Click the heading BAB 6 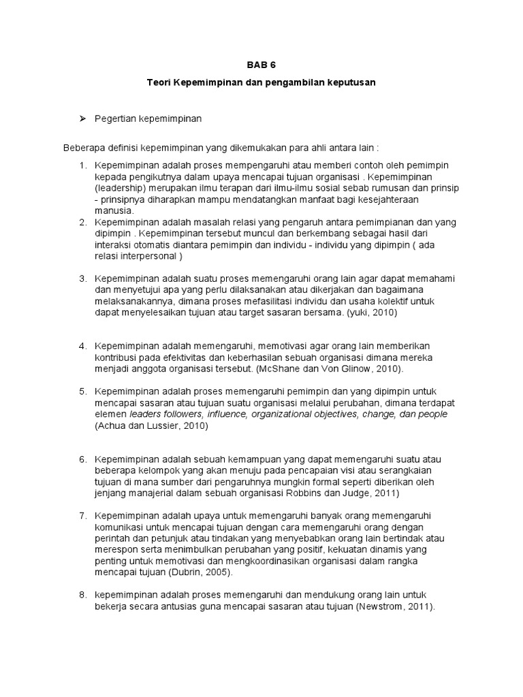[261, 65]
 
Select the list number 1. [83, 165]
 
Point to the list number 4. [83, 346]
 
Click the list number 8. [83, 594]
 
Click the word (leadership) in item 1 [119, 188]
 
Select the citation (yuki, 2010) [368, 312]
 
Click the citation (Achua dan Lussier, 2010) [150, 425]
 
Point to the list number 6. [83, 459]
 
